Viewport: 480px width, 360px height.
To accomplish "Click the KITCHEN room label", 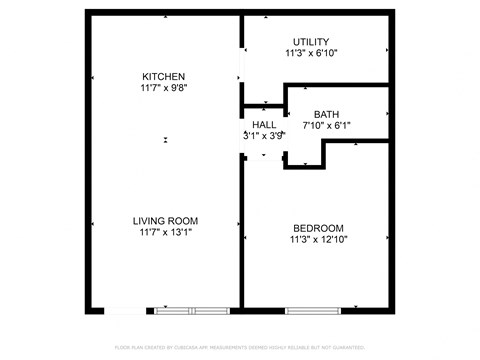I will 163,76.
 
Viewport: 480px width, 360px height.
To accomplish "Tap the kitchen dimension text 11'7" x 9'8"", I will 163,88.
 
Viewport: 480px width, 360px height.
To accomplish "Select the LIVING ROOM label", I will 165,221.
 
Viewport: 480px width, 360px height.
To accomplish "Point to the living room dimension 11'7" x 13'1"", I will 165,233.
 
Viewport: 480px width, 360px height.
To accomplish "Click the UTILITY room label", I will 310,41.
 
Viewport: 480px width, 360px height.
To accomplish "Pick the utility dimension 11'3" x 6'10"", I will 310,53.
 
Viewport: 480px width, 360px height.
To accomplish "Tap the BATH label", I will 326,114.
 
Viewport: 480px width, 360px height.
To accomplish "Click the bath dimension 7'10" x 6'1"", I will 326,126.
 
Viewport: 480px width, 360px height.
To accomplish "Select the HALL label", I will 264,124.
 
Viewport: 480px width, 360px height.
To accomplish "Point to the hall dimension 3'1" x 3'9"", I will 264,136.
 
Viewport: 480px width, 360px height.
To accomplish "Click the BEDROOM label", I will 318,227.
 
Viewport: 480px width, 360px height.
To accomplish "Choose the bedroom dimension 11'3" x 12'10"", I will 318,239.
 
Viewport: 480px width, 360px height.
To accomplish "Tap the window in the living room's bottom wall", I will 191,310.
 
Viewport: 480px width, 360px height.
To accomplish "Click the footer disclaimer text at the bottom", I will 240,347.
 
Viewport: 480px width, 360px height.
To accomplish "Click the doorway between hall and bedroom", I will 264,157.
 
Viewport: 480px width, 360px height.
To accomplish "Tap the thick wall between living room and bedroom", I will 241,230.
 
